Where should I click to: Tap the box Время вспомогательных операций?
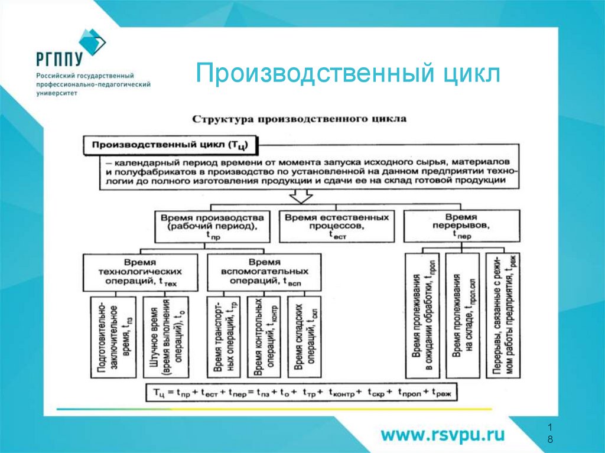(x=264, y=272)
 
